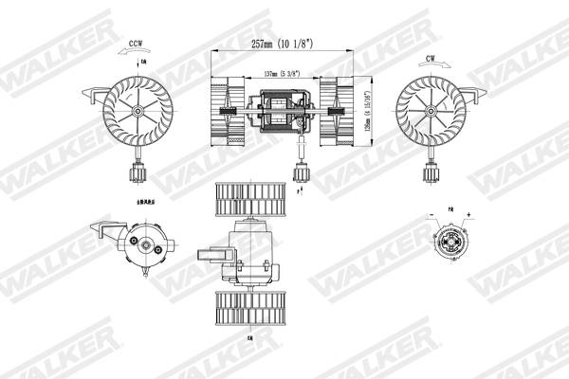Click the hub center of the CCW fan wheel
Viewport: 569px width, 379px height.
coord(138,111)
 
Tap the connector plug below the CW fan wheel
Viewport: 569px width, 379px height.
coord(430,173)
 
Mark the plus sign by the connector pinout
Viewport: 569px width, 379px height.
coord(468,215)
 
